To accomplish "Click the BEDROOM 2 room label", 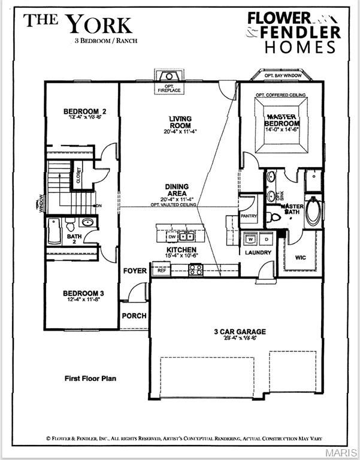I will [86, 111].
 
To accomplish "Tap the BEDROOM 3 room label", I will [84, 293].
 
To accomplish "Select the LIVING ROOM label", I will [180, 122].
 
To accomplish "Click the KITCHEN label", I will [181, 249].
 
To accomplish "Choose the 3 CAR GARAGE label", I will [240, 331].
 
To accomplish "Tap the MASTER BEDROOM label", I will [282, 120].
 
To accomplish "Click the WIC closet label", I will [301, 257].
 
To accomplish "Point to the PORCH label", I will [134, 316].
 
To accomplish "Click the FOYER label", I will [135, 271].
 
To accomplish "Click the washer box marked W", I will [251, 239].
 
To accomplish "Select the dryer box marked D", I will [267, 239].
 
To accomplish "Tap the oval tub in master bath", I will [313, 211].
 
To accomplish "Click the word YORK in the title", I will [99, 25].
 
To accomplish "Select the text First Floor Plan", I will [90, 379].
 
